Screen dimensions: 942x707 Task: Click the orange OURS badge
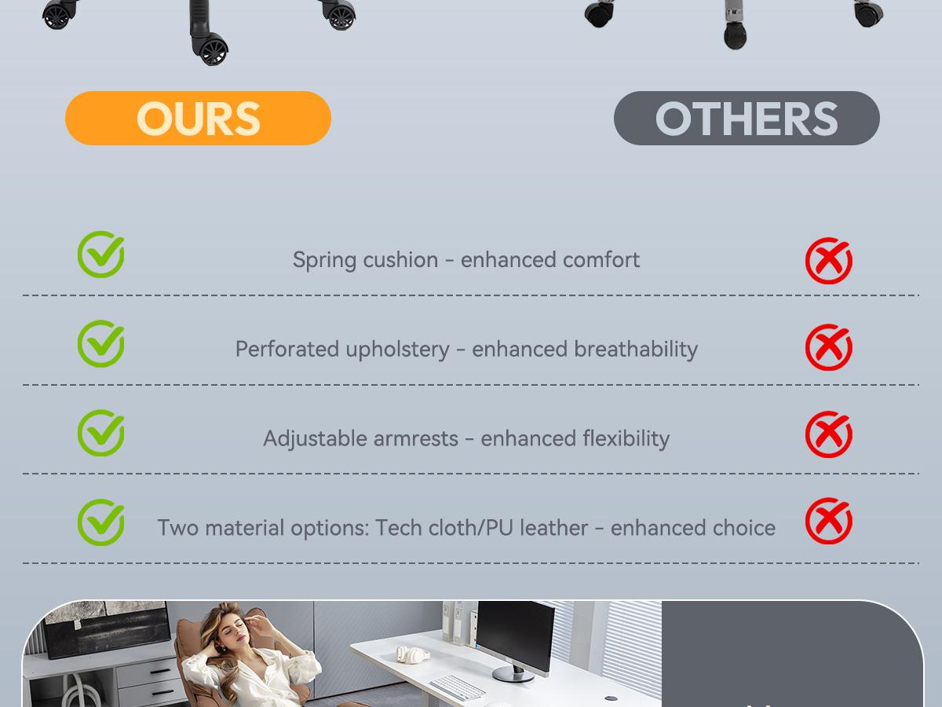tap(198, 118)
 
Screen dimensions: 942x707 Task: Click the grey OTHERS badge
tap(747, 118)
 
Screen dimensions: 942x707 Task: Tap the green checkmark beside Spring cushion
tap(100, 255)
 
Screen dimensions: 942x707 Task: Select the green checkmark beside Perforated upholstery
tap(100, 343)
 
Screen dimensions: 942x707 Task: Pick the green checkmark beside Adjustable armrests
tap(100, 433)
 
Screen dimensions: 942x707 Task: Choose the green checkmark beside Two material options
tap(100, 522)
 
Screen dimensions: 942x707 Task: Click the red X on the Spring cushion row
tap(829, 261)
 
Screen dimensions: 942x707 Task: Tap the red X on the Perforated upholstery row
tap(829, 347)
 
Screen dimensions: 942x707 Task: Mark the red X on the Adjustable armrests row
tap(829, 434)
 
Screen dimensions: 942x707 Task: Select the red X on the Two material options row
tap(829, 521)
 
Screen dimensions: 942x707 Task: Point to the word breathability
tap(636, 349)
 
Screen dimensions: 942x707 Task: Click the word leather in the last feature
tap(553, 528)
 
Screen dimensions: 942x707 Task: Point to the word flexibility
tap(626, 438)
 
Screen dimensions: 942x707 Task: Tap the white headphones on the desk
tap(412, 654)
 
